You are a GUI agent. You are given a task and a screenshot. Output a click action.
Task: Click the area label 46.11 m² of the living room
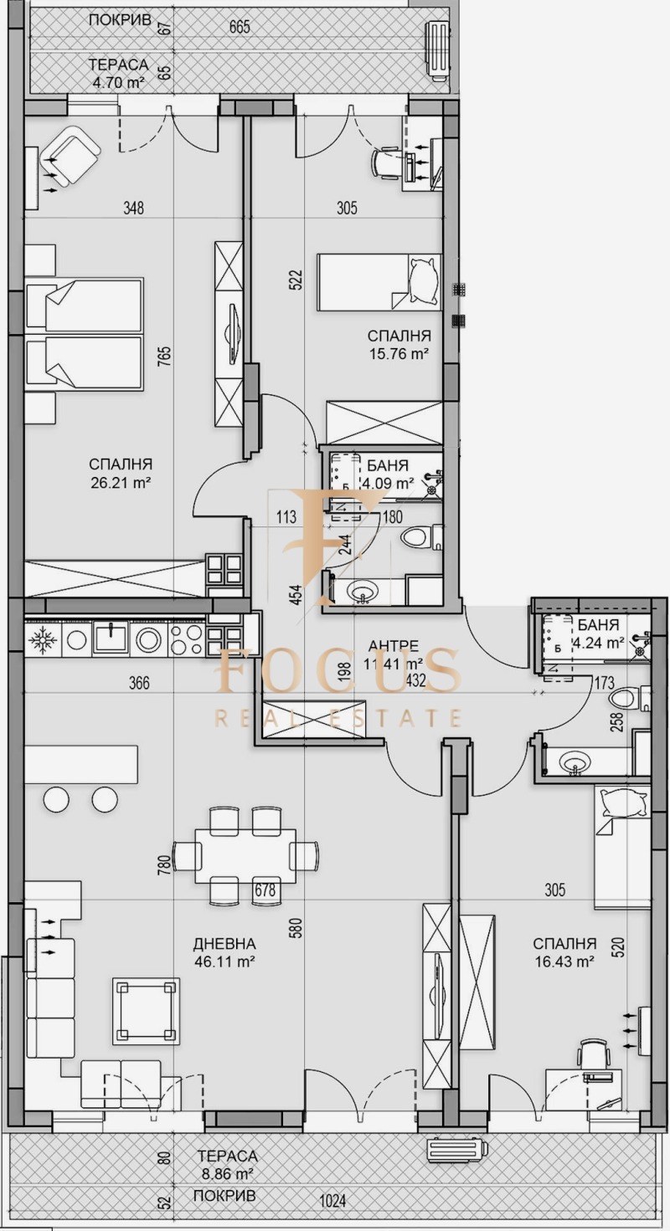pyautogui.click(x=224, y=962)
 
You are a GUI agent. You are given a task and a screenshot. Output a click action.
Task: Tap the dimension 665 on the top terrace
pyautogui.click(x=240, y=27)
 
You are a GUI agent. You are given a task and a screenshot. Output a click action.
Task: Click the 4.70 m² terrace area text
pyautogui.click(x=119, y=82)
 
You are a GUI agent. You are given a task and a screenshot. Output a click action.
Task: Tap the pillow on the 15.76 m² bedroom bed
pyautogui.click(x=423, y=282)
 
